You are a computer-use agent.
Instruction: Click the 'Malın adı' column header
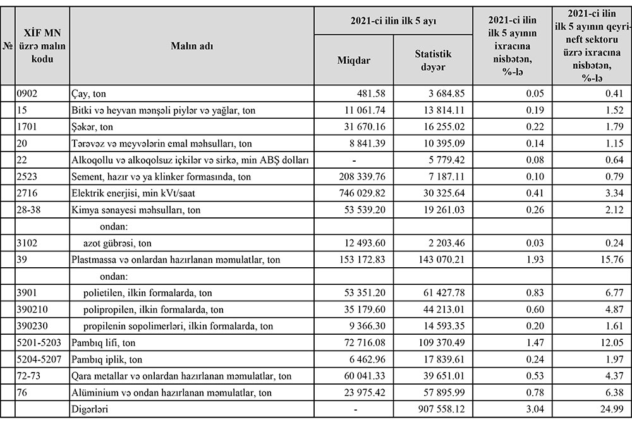pyautogui.click(x=192, y=45)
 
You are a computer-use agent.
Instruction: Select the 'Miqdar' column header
pyautogui.click(x=354, y=60)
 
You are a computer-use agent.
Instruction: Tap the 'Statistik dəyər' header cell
pyautogui.click(x=433, y=60)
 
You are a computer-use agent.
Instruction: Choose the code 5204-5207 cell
pyautogui.click(x=39, y=359)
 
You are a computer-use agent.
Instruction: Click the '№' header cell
pyautogui.click(x=8, y=45)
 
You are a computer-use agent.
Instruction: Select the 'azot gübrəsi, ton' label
pyautogui.click(x=118, y=243)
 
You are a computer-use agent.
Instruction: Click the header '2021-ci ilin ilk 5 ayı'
pyautogui.click(x=394, y=21)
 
